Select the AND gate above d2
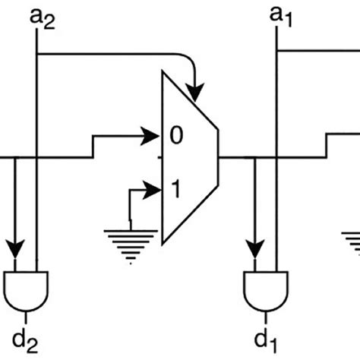click(x=27, y=287)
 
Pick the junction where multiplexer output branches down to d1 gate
click(x=255, y=158)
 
